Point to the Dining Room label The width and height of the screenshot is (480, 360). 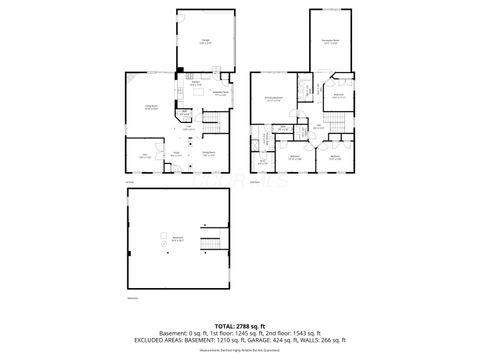click(210, 153)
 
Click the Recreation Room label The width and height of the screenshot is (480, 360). click(330, 42)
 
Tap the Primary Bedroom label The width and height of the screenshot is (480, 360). click(272, 99)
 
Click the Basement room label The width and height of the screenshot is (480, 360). click(177, 238)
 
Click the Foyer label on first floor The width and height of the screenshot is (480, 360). click(176, 153)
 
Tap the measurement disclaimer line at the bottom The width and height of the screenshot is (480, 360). click(239, 349)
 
